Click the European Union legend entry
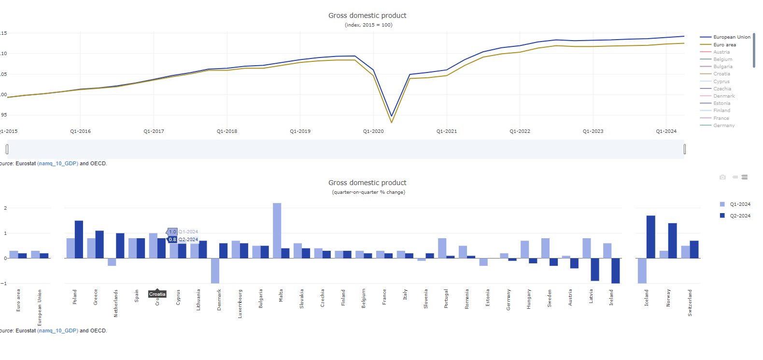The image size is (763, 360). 732,37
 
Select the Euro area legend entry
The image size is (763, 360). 724,45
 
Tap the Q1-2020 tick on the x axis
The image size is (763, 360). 373,131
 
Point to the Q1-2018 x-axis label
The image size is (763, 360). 227,131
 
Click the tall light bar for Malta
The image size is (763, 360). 277,230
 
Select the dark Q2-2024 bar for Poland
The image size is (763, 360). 79,239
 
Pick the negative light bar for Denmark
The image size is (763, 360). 215,271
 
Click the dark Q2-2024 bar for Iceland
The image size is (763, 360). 650,237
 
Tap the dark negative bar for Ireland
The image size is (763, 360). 615,271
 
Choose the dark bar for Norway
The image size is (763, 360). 672,241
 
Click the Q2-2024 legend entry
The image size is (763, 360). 740,216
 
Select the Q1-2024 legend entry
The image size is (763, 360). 740,204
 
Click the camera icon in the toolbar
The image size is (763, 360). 722,177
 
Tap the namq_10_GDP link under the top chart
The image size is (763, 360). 57,163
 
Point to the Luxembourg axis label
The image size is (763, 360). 240,303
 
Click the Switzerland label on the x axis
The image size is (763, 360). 690,302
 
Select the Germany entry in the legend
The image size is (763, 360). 724,126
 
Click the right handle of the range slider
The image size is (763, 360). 685,149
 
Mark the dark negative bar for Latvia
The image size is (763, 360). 595,269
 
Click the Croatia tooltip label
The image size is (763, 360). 157,294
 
